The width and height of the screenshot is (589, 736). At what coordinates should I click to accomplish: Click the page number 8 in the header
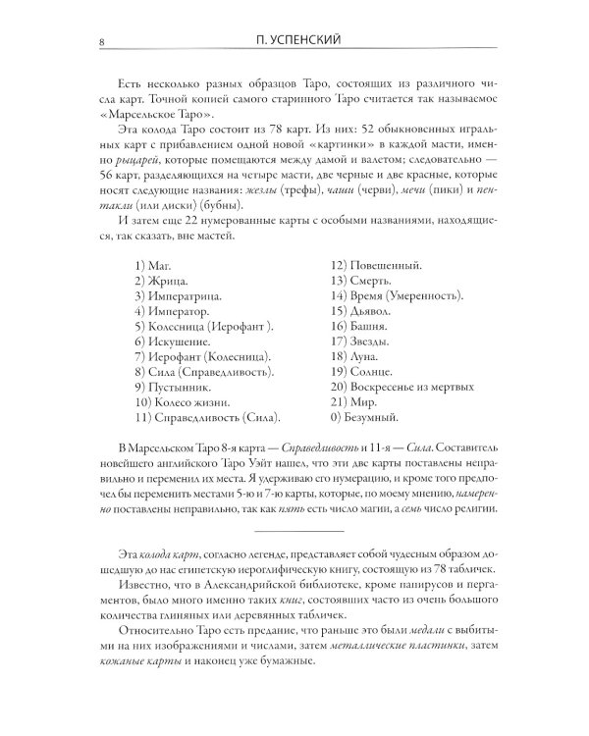click(x=89, y=41)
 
